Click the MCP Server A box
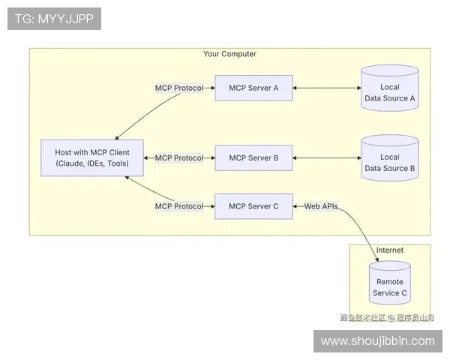coord(253,88)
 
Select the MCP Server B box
coord(253,158)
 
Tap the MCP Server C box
coord(253,206)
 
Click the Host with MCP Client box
coord(92,158)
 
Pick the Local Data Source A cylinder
coord(389,89)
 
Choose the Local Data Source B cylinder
coord(389,159)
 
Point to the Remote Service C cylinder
coord(390,283)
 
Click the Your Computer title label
coord(229,54)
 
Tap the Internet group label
coord(389,250)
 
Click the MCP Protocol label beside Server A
coord(178,88)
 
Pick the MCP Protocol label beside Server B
coord(178,158)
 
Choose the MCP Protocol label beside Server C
coord(178,206)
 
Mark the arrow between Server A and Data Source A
coord(325,88)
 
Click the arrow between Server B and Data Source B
coord(325,158)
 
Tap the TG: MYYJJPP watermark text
coord(54,19)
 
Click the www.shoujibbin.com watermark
coord(377,341)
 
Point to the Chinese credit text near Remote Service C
coord(385,317)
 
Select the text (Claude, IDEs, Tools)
coord(92,163)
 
